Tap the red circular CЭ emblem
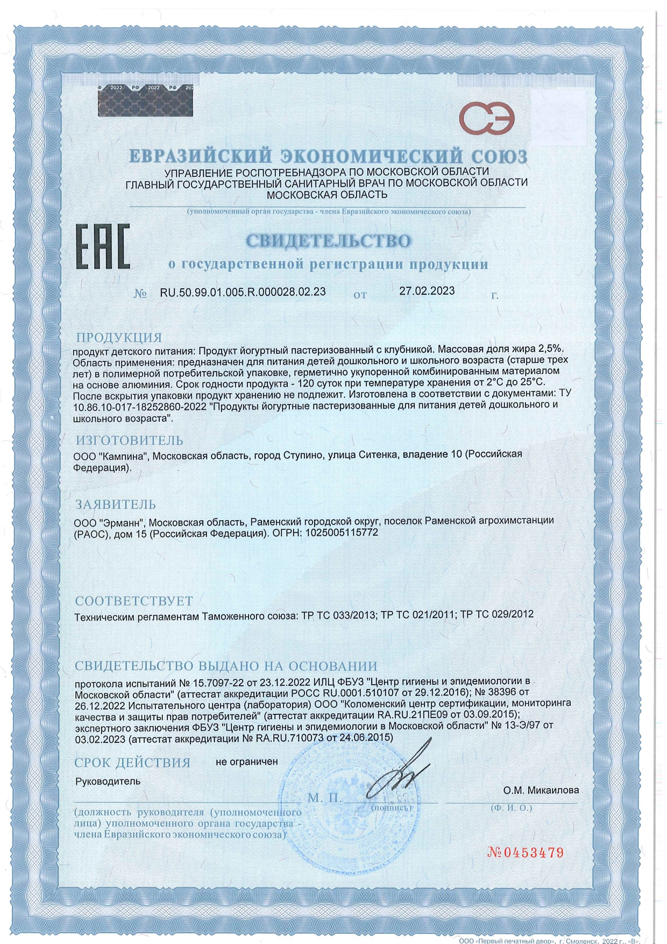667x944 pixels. [x=486, y=119]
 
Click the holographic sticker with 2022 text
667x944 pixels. [x=145, y=100]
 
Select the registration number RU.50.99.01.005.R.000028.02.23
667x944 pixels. [x=243, y=292]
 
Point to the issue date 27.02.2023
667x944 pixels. [x=427, y=291]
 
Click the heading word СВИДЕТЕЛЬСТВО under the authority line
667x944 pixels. [x=328, y=240]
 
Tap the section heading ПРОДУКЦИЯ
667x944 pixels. [x=119, y=338]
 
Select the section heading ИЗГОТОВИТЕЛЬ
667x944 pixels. [x=129, y=441]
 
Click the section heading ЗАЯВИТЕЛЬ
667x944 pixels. [x=116, y=505]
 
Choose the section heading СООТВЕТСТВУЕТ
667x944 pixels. [x=133, y=600]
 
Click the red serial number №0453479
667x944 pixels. [x=526, y=853]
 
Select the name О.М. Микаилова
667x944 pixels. [x=541, y=790]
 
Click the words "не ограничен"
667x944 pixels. [x=246, y=762]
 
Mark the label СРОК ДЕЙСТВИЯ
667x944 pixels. [x=132, y=763]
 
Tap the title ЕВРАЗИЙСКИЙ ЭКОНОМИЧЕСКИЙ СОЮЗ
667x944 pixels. [x=328, y=157]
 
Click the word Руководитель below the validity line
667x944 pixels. [x=108, y=782]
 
